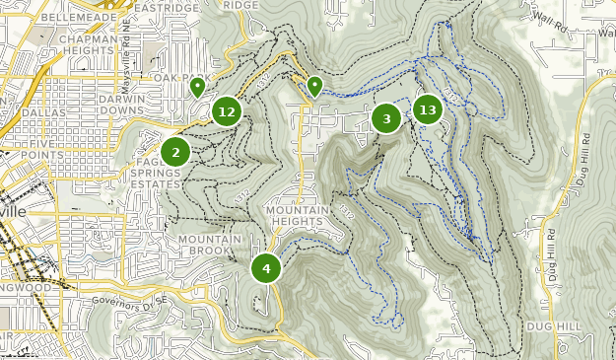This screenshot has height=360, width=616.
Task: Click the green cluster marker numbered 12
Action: point(227,111)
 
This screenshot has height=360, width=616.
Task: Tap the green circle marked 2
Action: point(175,152)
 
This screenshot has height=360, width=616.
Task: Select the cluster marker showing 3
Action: point(386,119)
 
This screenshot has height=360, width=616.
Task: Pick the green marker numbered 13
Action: point(427,109)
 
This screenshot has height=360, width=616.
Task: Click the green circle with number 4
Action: point(265,268)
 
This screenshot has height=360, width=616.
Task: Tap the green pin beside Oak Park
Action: point(197,87)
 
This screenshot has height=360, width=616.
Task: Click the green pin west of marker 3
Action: point(314,86)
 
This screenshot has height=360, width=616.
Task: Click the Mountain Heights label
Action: point(295,216)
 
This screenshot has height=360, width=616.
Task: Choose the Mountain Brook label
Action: point(210,245)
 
